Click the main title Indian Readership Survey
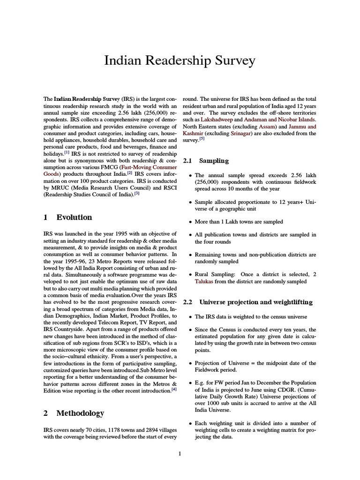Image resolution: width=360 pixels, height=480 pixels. click(180, 60)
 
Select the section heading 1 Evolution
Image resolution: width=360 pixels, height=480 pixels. click(67, 217)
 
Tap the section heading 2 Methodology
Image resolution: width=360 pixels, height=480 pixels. click(73, 413)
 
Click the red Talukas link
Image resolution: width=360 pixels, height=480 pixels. click(205, 282)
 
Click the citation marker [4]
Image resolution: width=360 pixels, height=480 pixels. click(174, 389)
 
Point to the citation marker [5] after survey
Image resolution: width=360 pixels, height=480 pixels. click(202, 139)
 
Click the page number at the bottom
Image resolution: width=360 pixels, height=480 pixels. click(180, 453)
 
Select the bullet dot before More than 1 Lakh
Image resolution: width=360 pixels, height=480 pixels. click(189, 222)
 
